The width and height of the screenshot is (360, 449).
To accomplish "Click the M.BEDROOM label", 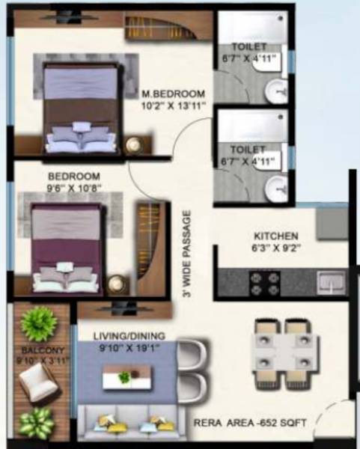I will [x=173, y=94].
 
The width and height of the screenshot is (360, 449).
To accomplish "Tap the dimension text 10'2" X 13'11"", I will [x=173, y=106].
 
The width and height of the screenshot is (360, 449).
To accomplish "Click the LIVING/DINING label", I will [x=129, y=336].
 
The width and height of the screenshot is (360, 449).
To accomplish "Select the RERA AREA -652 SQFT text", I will [x=250, y=422].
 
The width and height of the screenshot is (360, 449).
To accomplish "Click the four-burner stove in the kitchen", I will [x=264, y=283].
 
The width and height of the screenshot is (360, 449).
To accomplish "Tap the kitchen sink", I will [x=330, y=282].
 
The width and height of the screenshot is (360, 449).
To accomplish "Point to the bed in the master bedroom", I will [x=81, y=109].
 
